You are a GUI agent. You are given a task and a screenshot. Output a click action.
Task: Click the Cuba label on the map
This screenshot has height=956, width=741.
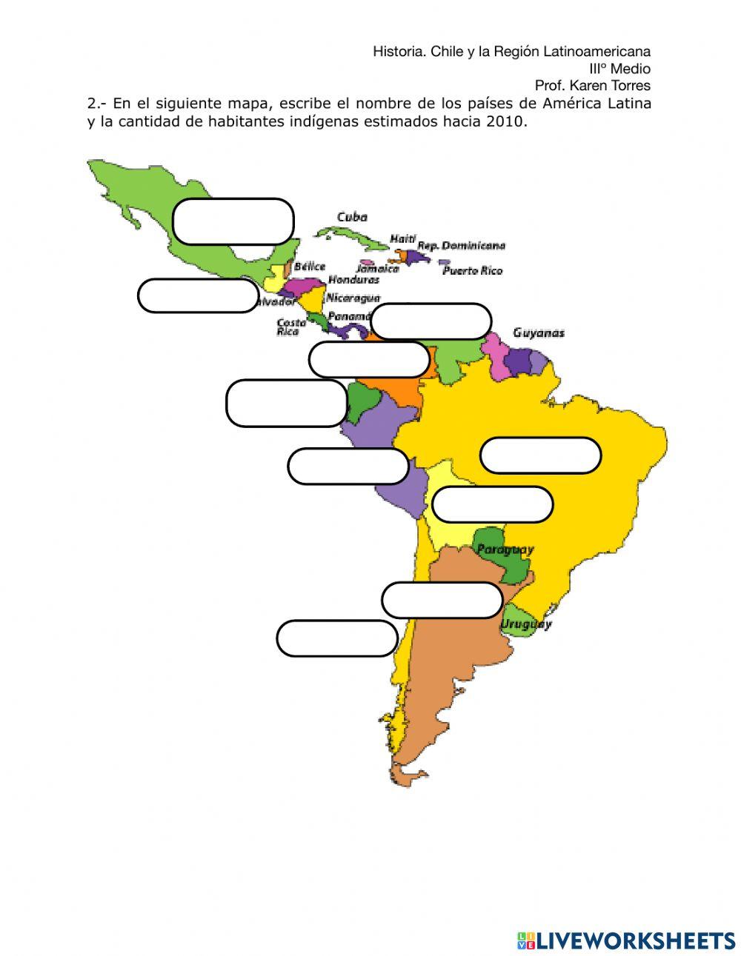coord(352,217)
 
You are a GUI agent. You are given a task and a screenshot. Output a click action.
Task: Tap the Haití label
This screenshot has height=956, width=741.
coord(402,238)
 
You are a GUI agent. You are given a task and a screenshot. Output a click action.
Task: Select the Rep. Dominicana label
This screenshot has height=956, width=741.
coord(461,245)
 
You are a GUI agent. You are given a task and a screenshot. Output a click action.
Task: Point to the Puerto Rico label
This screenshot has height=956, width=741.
coord(472,270)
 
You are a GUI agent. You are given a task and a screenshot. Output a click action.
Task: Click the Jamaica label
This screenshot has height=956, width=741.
coord(377,269)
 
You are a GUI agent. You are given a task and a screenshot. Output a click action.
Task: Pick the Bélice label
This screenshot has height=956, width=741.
coord(309,266)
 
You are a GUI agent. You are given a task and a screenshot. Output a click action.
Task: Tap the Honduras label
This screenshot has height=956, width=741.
coord(353,280)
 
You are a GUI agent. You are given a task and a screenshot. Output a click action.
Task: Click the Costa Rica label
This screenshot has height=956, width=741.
coord(290,327)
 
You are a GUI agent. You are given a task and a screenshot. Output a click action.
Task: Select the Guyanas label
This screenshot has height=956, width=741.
coord(539,332)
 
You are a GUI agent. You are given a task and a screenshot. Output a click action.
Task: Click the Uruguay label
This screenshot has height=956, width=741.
coord(525,624)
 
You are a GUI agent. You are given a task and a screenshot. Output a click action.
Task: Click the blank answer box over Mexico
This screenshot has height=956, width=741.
coord(233,221)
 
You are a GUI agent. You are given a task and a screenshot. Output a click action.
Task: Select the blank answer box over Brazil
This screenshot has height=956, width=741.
coord(540,455)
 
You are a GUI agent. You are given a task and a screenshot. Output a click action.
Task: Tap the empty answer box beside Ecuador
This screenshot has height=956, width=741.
coord(287,403)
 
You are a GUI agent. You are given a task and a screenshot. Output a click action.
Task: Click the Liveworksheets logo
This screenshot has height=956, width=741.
coord(625,940)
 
